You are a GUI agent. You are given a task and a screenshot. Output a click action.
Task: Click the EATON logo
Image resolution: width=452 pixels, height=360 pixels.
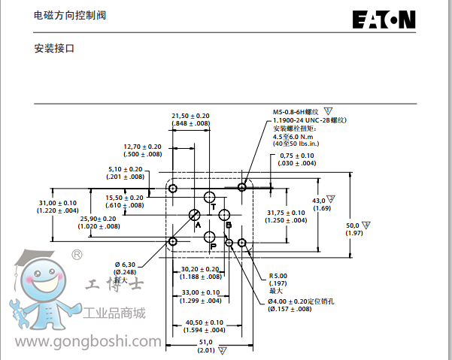pos(383,20)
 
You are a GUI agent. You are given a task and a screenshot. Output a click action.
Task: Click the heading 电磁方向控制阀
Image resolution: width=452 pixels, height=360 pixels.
pos(65,16)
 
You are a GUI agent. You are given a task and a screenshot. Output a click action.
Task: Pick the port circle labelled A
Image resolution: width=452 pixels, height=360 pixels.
pos(194,216)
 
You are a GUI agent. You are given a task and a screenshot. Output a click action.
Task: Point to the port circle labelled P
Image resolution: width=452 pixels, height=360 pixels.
pos(210,237)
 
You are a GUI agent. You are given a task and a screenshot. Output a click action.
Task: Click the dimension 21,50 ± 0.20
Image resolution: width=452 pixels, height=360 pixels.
pos(190,115)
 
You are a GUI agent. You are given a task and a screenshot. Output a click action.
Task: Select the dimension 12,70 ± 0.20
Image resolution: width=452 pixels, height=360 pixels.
pos(143,147)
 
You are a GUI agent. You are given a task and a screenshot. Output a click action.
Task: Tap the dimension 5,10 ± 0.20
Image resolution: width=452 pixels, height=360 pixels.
pos(125,169)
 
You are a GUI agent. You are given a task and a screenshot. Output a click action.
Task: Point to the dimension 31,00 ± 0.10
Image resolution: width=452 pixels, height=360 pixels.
pos(57,203)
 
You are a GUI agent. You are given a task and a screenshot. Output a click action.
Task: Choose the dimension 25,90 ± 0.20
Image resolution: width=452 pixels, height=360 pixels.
pos(98,219)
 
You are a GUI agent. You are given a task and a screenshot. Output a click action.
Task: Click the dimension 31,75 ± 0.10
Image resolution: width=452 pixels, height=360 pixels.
pos(287,213)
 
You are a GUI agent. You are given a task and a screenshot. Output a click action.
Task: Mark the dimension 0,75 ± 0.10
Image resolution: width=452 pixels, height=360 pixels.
pos(297,156)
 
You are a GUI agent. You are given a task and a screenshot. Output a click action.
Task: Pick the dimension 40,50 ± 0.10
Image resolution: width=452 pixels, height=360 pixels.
pos(205,322)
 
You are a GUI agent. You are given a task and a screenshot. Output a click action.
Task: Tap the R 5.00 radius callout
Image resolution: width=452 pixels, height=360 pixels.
pos(280,275)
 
